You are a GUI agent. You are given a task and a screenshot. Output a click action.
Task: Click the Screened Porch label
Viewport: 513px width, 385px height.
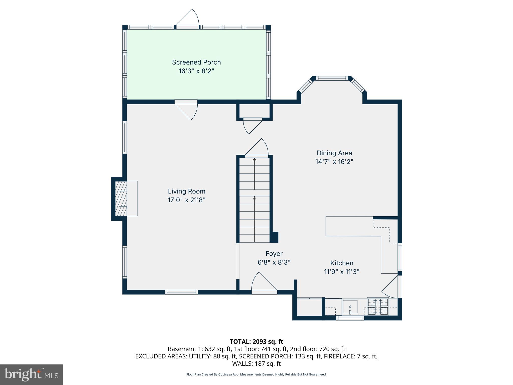pos(196,62)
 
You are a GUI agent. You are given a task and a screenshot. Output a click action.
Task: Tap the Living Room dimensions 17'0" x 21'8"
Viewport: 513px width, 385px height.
pos(186,200)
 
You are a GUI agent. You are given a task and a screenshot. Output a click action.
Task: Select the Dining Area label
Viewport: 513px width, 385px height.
pos(334,153)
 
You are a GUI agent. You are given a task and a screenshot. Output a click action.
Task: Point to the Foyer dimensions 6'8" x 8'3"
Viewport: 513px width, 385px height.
pos(274,262)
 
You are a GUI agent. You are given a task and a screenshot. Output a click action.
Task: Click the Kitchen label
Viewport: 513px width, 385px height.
pos(342,263)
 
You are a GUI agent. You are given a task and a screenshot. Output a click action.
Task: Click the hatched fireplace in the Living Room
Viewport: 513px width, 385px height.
pos(121,198)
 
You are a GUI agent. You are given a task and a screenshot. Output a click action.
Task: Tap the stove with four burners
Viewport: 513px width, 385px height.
pos(378,306)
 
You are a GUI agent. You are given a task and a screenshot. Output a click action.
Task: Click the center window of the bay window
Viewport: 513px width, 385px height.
pos(332,78)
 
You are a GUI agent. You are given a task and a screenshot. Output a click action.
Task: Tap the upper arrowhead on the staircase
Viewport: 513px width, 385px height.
pos(254,159)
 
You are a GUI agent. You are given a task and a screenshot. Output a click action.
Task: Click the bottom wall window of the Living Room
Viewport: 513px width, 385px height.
pos(181,292)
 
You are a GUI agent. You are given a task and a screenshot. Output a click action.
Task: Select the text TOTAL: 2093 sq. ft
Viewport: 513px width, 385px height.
pos(256,342)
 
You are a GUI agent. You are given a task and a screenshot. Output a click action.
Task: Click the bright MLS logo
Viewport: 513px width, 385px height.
pos(31,374)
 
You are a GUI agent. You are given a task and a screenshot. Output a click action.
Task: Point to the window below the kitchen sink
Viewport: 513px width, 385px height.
pos(350,318)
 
